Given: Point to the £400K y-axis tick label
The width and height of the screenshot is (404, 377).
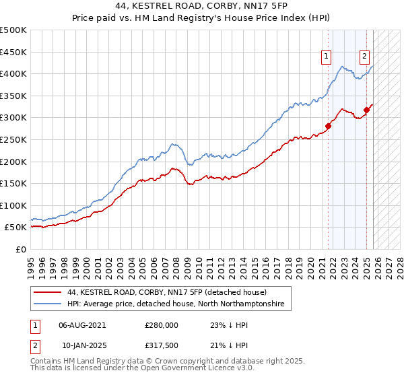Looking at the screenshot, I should tap(13, 73).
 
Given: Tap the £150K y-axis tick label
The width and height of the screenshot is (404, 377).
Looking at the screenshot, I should tap(13, 183).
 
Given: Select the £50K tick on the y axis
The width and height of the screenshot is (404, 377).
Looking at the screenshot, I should tap(16, 228).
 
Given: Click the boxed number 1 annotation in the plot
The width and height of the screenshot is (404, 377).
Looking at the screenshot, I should tap(327, 57).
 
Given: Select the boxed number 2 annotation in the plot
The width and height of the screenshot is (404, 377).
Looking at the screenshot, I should tap(364, 57).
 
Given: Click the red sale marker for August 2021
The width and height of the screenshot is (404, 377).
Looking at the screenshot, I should tap(329, 125).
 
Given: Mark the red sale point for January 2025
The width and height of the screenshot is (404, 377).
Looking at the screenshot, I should tap(367, 109).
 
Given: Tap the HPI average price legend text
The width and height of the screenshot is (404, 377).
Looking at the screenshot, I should tap(176, 304).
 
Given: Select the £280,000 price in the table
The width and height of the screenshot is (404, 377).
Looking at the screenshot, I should tap(162, 324).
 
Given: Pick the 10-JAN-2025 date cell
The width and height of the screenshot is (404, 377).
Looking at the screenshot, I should tap(83, 345).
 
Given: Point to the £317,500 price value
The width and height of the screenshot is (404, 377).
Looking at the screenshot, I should tap(162, 345).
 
